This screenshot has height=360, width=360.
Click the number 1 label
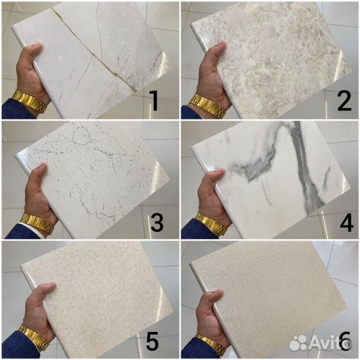pyautogui.click(x=153, y=101)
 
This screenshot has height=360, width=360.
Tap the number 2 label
pyautogui.click(x=345, y=101)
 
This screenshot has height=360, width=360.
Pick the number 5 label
pyautogui.click(x=152, y=341)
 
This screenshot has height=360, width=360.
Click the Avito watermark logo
pyautogui.click(x=320, y=343)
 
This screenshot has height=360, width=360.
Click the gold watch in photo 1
pyautogui.click(x=30, y=101)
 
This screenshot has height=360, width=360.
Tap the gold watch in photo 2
pyautogui.click(x=207, y=106)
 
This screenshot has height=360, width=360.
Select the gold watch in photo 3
pyautogui.click(x=38, y=223)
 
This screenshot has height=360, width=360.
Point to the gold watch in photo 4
pyautogui.click(x=213, y=225)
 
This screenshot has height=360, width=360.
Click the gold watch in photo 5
pyautogui.click(x=34, y=337)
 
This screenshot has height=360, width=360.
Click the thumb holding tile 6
pyautogui.click(x=211, y=298)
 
